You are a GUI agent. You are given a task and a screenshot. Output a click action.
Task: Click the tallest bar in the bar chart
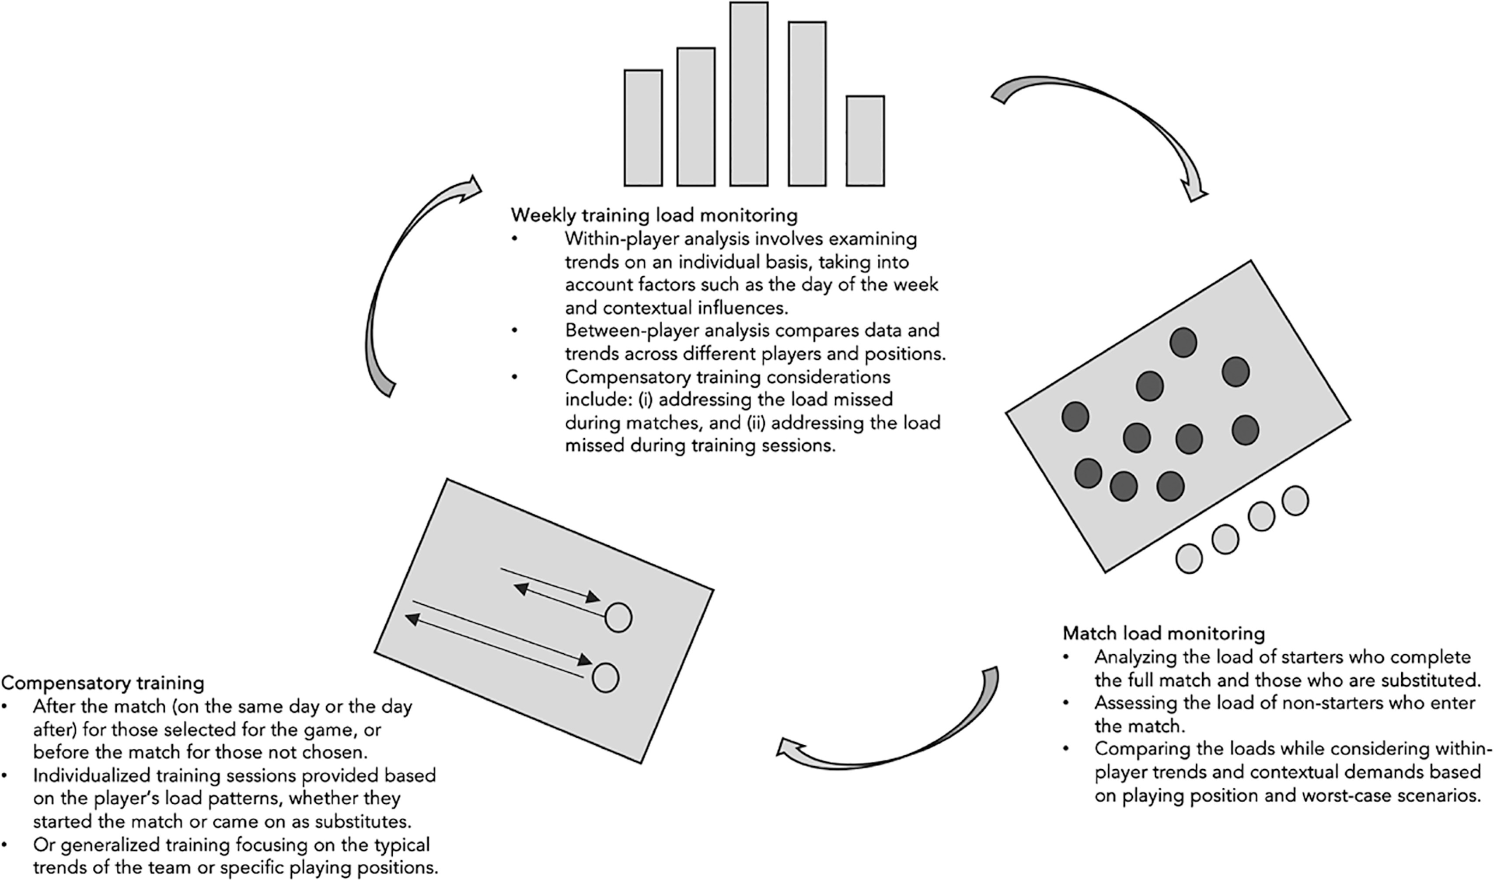click(749, 95)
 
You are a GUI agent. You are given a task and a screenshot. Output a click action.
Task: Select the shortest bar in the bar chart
click(865, 141)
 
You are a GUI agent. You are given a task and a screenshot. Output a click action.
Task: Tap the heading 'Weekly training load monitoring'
click(654, 215)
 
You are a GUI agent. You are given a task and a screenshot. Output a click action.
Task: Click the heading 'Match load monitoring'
click(1163, 633)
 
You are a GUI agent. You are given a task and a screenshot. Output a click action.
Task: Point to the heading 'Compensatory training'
click(103, 683)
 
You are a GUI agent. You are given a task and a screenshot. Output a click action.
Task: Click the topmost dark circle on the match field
click(1183, 343)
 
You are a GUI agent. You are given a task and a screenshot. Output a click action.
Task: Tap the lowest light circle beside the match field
click(1188, 559)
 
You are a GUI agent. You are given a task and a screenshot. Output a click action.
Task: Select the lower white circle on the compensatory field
click(605, 678)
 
